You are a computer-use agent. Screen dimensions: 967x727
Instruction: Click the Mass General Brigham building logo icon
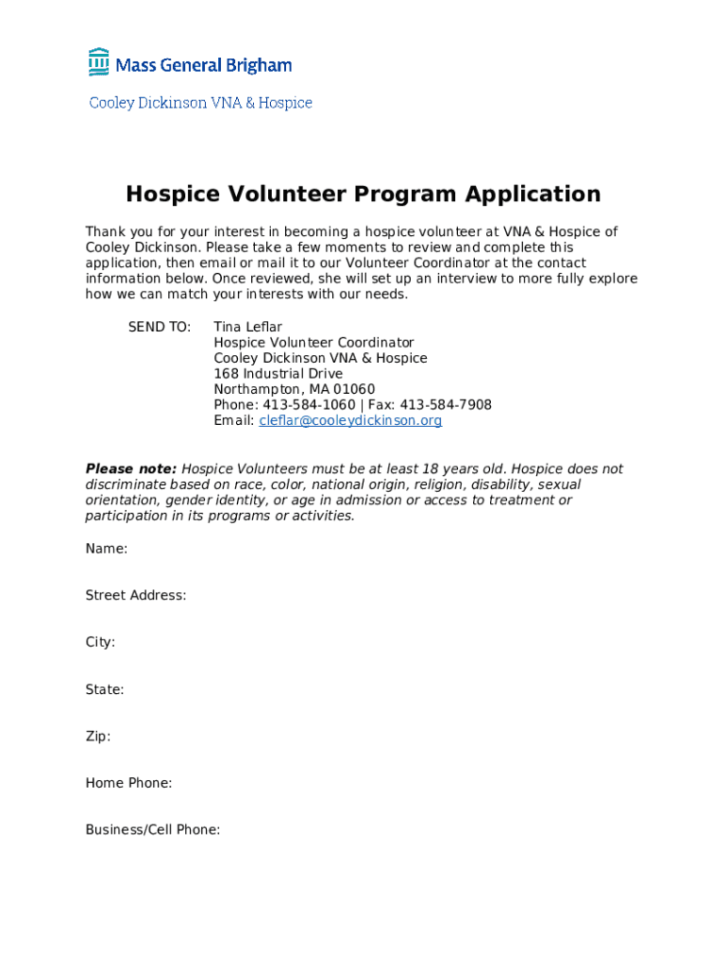click(x=99, y=62)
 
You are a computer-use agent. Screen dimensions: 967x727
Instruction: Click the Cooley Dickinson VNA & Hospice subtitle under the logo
click(x=200, y=103)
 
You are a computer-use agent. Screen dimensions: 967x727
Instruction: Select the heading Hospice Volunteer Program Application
click(x=363, y=195)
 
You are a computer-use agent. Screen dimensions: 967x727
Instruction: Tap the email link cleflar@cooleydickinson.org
click(x=350, y=421)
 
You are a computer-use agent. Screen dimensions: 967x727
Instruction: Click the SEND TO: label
click(x=160, y=328)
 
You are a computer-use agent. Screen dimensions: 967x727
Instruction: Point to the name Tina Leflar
click(x=247, y=328)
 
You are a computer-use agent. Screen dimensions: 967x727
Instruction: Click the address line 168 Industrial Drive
click(x=278, y=374)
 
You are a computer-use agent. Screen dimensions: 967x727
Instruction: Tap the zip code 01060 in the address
click(x=355, y=390)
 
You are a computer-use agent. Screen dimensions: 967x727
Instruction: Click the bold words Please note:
click(x=131, y=469)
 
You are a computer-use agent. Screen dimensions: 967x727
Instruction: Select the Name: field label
click(x=107, y=549)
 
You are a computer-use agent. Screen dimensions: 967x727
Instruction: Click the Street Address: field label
click(x=136, y=596)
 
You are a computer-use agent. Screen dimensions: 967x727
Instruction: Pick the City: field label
click(x=100, y=642)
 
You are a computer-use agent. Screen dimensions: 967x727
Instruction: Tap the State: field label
click(x=105, y=689)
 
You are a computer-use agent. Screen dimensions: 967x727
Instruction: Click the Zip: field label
click(x=98, y=737)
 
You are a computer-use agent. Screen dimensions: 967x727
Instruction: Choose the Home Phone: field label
click(x=128, y=783)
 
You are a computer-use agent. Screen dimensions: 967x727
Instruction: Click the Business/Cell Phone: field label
click(x=153, y=830)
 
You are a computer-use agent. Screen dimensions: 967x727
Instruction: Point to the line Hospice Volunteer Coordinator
click(x=313, y=343)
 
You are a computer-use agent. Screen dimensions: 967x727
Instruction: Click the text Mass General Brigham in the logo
click(x=204, y=65)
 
